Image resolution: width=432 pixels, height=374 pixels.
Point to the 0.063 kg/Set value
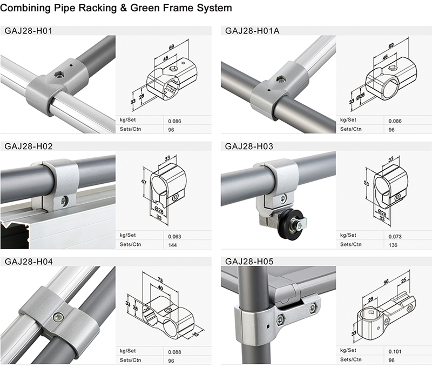click(174, 237)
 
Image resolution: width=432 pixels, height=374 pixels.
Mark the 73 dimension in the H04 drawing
click(160, 278)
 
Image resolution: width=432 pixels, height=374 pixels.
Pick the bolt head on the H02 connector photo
click(64, 200)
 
